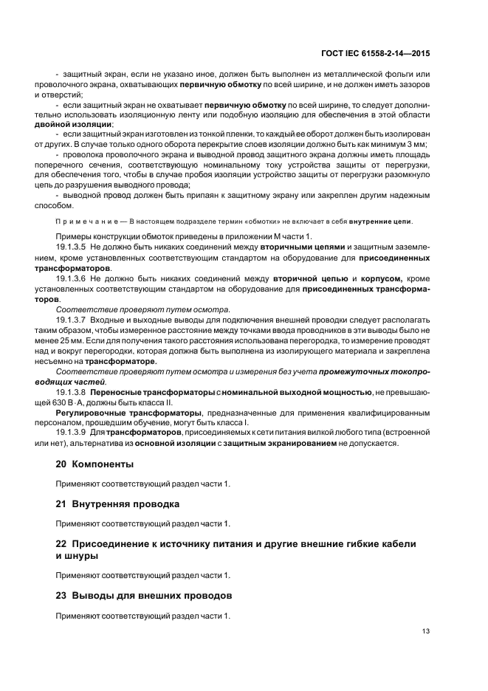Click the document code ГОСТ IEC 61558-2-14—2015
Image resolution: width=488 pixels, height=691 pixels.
[376, 53]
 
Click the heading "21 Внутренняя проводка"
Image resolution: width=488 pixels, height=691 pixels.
[117, 503]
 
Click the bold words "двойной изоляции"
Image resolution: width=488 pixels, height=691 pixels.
[84, 124]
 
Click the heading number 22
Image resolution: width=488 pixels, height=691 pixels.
[63, 543]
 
